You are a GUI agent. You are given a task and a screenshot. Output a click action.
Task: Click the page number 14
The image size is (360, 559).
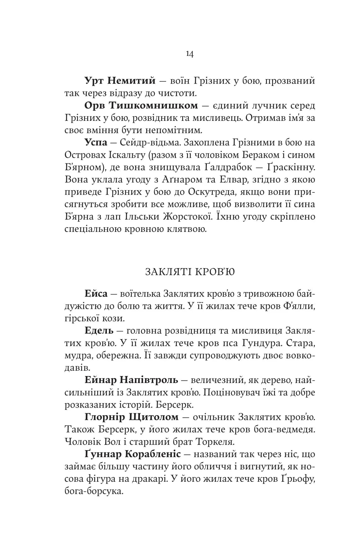point(190,54)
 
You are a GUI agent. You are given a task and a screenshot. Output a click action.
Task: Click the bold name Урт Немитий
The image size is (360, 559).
point(120,81)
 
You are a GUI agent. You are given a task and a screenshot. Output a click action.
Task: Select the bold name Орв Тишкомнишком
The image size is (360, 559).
point(141,105)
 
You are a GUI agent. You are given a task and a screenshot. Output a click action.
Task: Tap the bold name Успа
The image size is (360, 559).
point(96,143)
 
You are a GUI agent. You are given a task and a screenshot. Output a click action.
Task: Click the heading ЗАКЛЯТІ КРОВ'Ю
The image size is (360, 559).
point(190,272)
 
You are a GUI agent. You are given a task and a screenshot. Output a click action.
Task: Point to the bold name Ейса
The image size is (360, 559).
point(96,294)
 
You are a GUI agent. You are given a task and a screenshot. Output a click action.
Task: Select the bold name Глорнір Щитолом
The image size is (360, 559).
point(131,417)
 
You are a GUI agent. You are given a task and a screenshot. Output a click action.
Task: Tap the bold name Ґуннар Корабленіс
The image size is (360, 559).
point(132,455)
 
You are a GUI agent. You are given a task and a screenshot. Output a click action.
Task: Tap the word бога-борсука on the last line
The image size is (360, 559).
point(93,491)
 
